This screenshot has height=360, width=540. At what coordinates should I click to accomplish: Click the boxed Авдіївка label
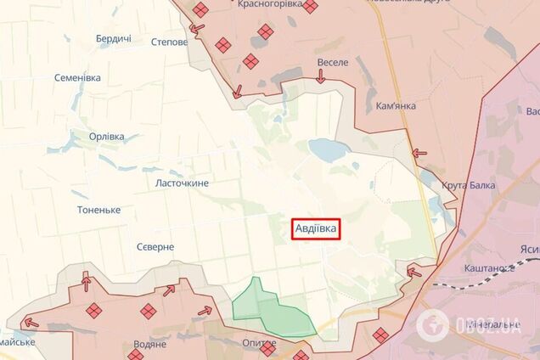317,228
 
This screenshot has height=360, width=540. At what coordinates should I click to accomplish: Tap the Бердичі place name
113,40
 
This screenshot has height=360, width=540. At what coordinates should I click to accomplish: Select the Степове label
168,40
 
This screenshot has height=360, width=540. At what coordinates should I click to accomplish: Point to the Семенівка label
77,77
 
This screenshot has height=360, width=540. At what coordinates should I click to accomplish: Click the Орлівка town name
107,136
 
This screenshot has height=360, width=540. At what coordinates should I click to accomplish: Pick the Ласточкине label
182,183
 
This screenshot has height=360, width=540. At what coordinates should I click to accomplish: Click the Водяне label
149,345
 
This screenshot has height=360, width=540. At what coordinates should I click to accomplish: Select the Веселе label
333,62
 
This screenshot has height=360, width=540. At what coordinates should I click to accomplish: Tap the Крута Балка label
469,185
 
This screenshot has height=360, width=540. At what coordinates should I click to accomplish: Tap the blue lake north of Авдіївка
324,149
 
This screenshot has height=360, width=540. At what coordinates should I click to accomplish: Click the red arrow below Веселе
320,77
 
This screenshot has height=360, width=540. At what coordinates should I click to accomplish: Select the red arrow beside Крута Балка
419,154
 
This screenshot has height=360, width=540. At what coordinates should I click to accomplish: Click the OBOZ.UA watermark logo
475,323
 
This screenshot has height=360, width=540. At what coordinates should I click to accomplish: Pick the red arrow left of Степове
197,30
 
